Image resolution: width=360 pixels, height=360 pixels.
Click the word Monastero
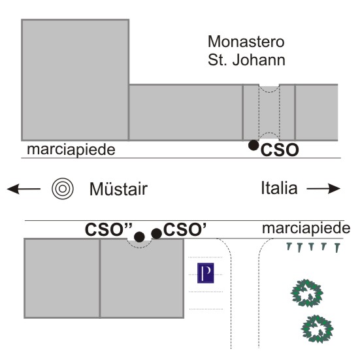(x=246, y=42)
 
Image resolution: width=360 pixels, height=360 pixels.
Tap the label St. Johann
(x=246, y=60)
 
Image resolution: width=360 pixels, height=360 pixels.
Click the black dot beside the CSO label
(x=254, y=145)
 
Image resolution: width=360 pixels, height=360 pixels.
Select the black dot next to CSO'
(x=157, y=234)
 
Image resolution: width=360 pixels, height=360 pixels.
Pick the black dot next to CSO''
(x=139, y=237)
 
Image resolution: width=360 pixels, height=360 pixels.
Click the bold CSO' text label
(x=185, y=229)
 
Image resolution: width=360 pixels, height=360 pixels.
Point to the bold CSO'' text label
(x=108, y=229)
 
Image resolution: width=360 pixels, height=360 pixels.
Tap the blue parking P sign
(x=206, y=273)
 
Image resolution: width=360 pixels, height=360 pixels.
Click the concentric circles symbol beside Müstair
(x=63, y=189)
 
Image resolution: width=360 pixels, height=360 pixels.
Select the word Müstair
(x=118, y=189)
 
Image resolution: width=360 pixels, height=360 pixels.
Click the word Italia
(x=279, y=188)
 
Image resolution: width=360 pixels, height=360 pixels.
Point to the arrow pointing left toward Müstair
(x=24, y=189)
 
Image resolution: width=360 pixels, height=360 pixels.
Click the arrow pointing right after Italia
(x=323, y=189)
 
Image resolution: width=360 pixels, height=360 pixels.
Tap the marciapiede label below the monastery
(x=71, y=150)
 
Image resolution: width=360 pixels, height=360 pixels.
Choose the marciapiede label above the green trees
(x=306, y=228)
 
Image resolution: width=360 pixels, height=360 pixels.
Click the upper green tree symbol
(x=307, y=293)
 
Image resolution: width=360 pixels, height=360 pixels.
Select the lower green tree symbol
(x=317, y=329)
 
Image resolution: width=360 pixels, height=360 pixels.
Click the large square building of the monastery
(x=75, y=80)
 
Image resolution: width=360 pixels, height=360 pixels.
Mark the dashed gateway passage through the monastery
(x=269, y=112)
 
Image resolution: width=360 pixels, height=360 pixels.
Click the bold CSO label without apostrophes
(x=280, y=150)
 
